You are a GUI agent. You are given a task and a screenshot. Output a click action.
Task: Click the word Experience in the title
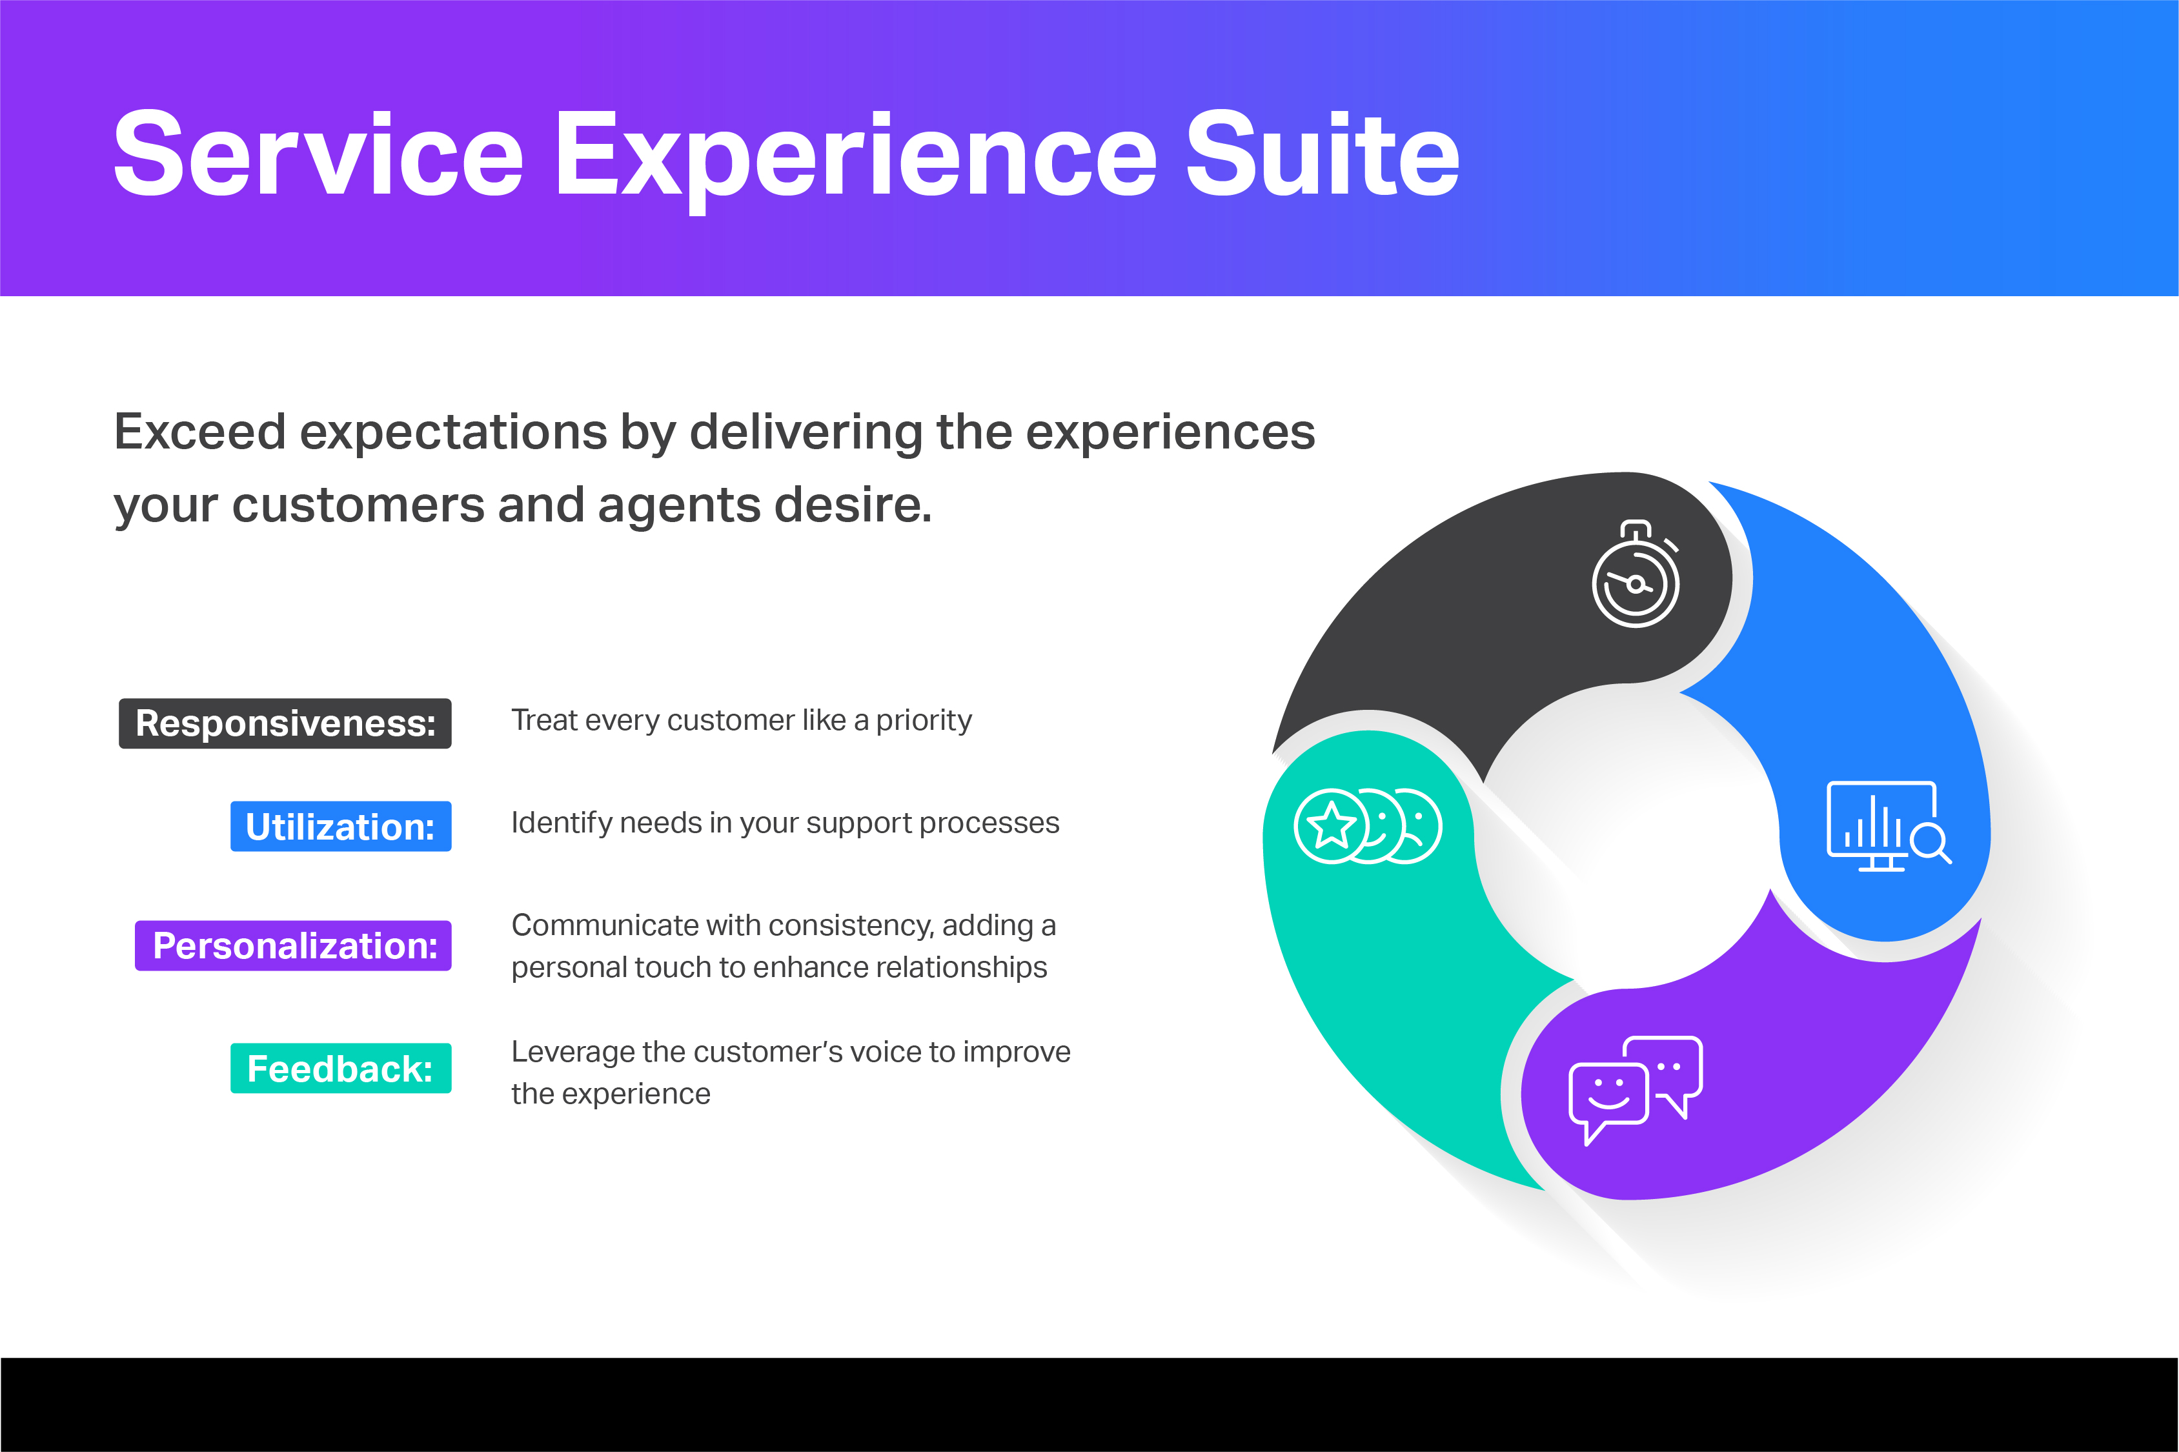pyautogui.click(x=855, y=156)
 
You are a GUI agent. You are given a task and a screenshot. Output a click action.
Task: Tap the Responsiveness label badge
pyautogui.click(x=285, y=723)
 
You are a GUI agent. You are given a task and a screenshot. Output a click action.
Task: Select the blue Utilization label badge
pyautogui.click(x=341, y=826)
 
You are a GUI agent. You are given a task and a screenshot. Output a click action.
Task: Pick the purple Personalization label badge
pyautogui.click(x=294, y=945)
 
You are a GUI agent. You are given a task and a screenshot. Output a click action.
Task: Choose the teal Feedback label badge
pyautogui.click(x=341, y=1069)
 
